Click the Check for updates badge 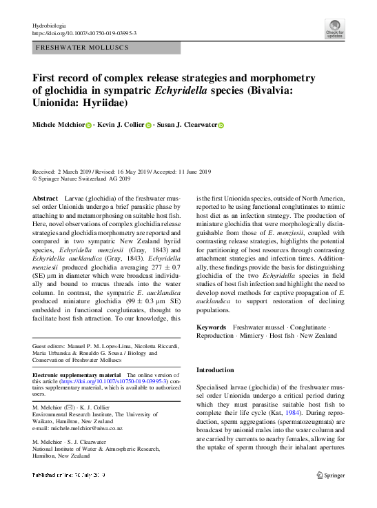[335, 29]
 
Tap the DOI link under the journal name [84, 33]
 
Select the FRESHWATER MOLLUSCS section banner [106, 48]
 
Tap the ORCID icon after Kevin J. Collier [148, 125]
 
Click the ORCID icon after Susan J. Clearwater [221, 125]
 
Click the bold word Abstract [46, 198]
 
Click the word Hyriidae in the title [114, 103]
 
